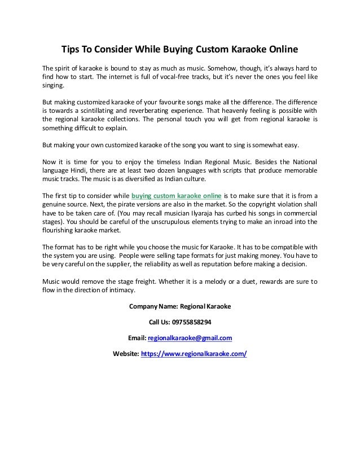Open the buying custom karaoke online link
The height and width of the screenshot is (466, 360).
(x=168, y=195)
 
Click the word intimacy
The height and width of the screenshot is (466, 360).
(x=122, y=291)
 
